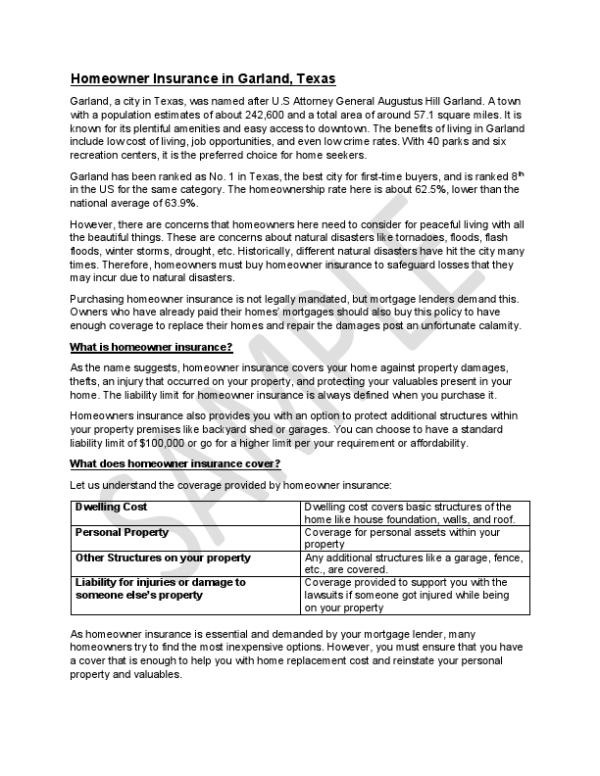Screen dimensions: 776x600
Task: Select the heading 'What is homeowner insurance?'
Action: tap(151, 347)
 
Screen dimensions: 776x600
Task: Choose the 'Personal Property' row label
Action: tap(122, 532)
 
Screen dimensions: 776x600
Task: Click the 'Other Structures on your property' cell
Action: tap(163, 558)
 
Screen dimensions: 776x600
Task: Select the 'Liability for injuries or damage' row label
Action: tap(160, 582)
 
